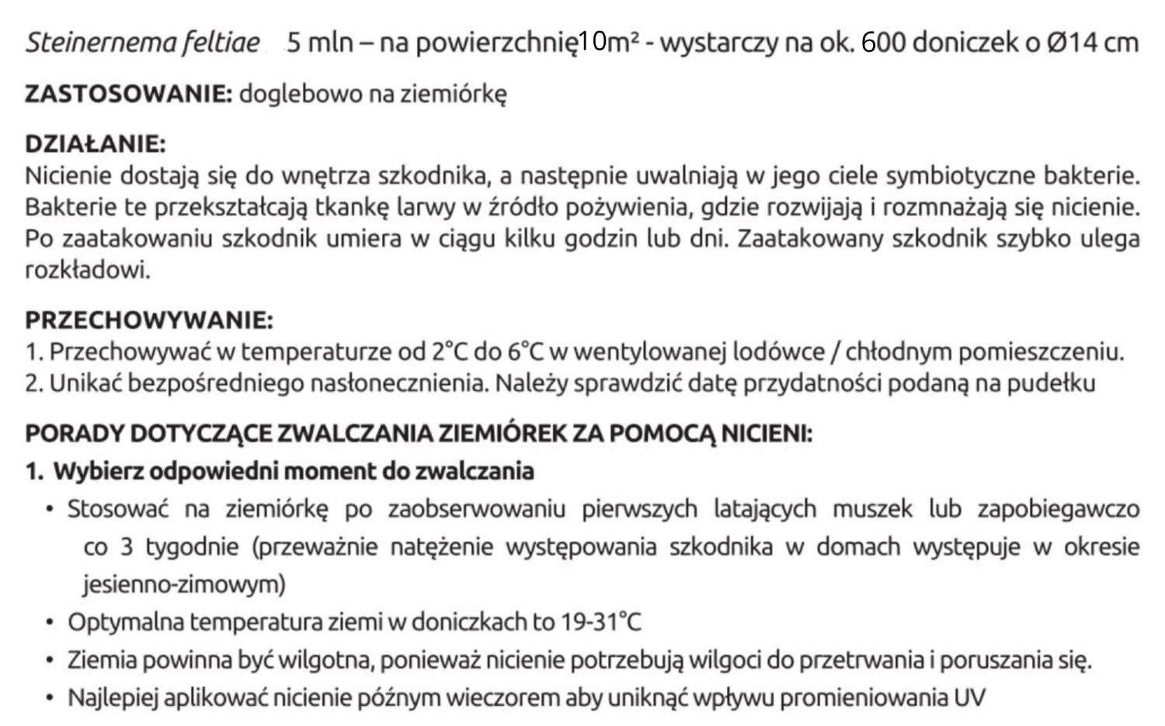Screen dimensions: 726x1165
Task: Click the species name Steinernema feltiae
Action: click(x=142, y=42)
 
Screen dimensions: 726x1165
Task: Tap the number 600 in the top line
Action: click(x=883, y=42)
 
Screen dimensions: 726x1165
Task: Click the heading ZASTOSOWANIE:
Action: click(x=128, y=95)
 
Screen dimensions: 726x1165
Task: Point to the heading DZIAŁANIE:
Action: click(x=96, y=145)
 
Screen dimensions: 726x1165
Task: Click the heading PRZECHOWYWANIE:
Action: click(x=149, y=320)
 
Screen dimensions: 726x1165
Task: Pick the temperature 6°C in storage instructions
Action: click(x=526, y=352)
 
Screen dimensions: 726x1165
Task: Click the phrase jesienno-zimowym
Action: click(x=184, y=585)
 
